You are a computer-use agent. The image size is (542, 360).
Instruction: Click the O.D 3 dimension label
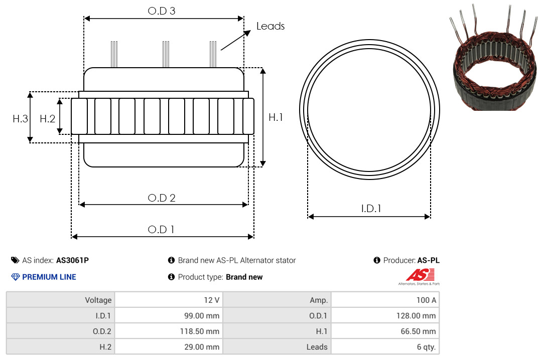162,11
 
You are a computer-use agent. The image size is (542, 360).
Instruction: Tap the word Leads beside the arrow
270,26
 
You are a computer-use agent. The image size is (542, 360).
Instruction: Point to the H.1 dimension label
276,117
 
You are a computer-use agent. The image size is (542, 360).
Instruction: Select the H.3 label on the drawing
20,119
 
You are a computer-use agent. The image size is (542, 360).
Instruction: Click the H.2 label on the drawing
47,119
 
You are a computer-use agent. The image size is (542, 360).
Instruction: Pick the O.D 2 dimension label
162,198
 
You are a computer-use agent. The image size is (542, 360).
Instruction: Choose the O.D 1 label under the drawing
161,230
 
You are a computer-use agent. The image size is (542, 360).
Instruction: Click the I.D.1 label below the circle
371,209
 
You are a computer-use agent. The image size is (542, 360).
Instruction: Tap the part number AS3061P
73,260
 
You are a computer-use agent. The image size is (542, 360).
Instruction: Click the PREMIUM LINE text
49,277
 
